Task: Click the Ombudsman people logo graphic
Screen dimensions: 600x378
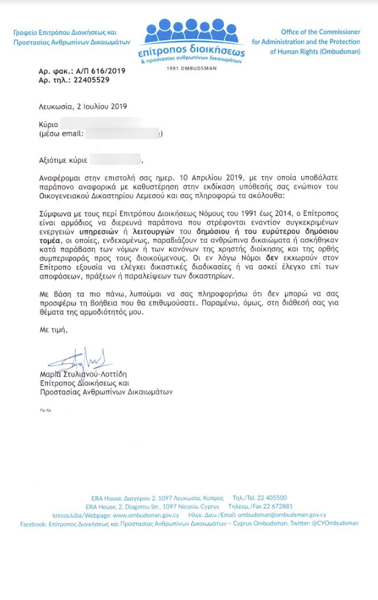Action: tap(192, 29)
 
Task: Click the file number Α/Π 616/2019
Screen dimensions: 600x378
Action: tap(99, 71)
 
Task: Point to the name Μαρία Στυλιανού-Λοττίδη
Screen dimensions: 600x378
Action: tap(91, 374)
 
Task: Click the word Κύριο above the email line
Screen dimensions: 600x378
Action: tap(48, 125)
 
